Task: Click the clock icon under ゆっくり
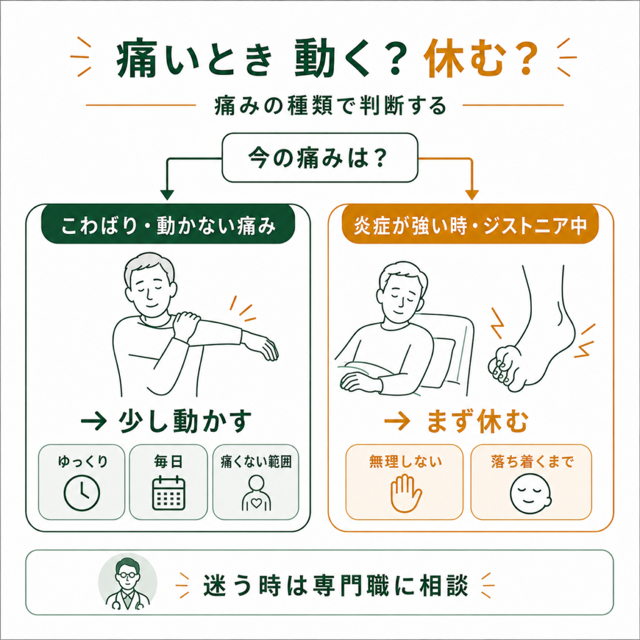[x=82, y=493]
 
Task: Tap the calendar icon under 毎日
[x=169, y=493]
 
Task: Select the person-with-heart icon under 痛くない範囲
[x=256, y=493]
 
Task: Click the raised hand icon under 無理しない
[x=405, y=493]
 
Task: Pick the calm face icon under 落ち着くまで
[x=531, y=494]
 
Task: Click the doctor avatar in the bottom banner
[x=127, y=582]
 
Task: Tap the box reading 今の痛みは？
[x=320, y=157]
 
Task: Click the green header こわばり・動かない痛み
[x=168, y=224]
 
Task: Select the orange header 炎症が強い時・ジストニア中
[x=470, y=224]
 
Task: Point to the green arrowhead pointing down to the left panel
[x=166, y=195]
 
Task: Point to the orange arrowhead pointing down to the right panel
[x=472, y=195]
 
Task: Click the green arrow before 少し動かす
[x=94, y=421]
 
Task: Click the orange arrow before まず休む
[x=397, y=421]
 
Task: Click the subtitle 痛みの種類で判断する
[x=330, y=105]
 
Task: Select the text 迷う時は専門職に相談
[x=336, y=585]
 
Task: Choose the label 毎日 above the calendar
[x=168, y=462]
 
